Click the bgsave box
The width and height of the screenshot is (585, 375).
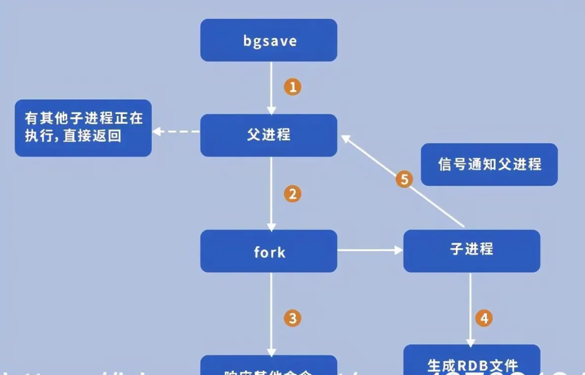coord(268,40)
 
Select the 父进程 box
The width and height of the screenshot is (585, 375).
coord(268,135)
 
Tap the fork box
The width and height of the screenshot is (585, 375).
coord(268,251)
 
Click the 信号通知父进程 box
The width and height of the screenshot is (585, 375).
coord(489,165)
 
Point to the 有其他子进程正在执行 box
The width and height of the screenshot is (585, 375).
coord(83,128)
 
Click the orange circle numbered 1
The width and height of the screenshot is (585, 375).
coord(292,87)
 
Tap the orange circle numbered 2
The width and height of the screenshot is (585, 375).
coord(292,194)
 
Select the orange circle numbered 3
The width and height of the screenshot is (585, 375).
coord(292,318)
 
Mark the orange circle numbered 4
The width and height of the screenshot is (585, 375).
coord(484,318)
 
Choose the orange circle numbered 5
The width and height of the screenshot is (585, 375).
coord(405,180)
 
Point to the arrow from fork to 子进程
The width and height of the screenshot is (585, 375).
coord(370,250)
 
